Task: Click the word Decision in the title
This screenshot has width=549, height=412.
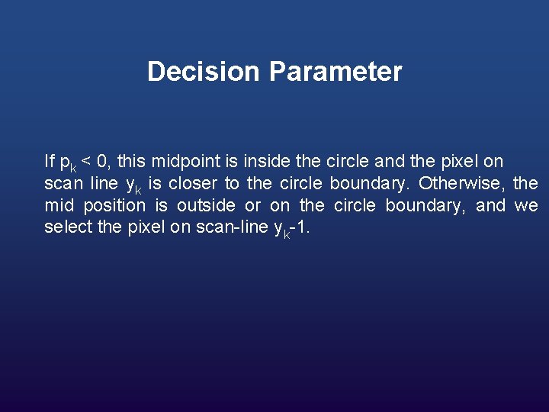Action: [204, 72]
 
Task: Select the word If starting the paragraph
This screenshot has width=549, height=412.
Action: [49, 161]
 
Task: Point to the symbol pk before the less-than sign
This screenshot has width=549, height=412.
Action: [68, 163]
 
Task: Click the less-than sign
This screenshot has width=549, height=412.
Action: [87, 162]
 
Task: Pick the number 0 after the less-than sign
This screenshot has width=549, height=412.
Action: [104, 161]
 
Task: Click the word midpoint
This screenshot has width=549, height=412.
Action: [185, 162]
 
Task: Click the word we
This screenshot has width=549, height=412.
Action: [526, 206]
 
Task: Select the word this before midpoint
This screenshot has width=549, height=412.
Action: [132, 161]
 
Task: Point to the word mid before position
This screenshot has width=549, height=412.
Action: [59, 205]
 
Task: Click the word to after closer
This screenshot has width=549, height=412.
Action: [232, 183]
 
